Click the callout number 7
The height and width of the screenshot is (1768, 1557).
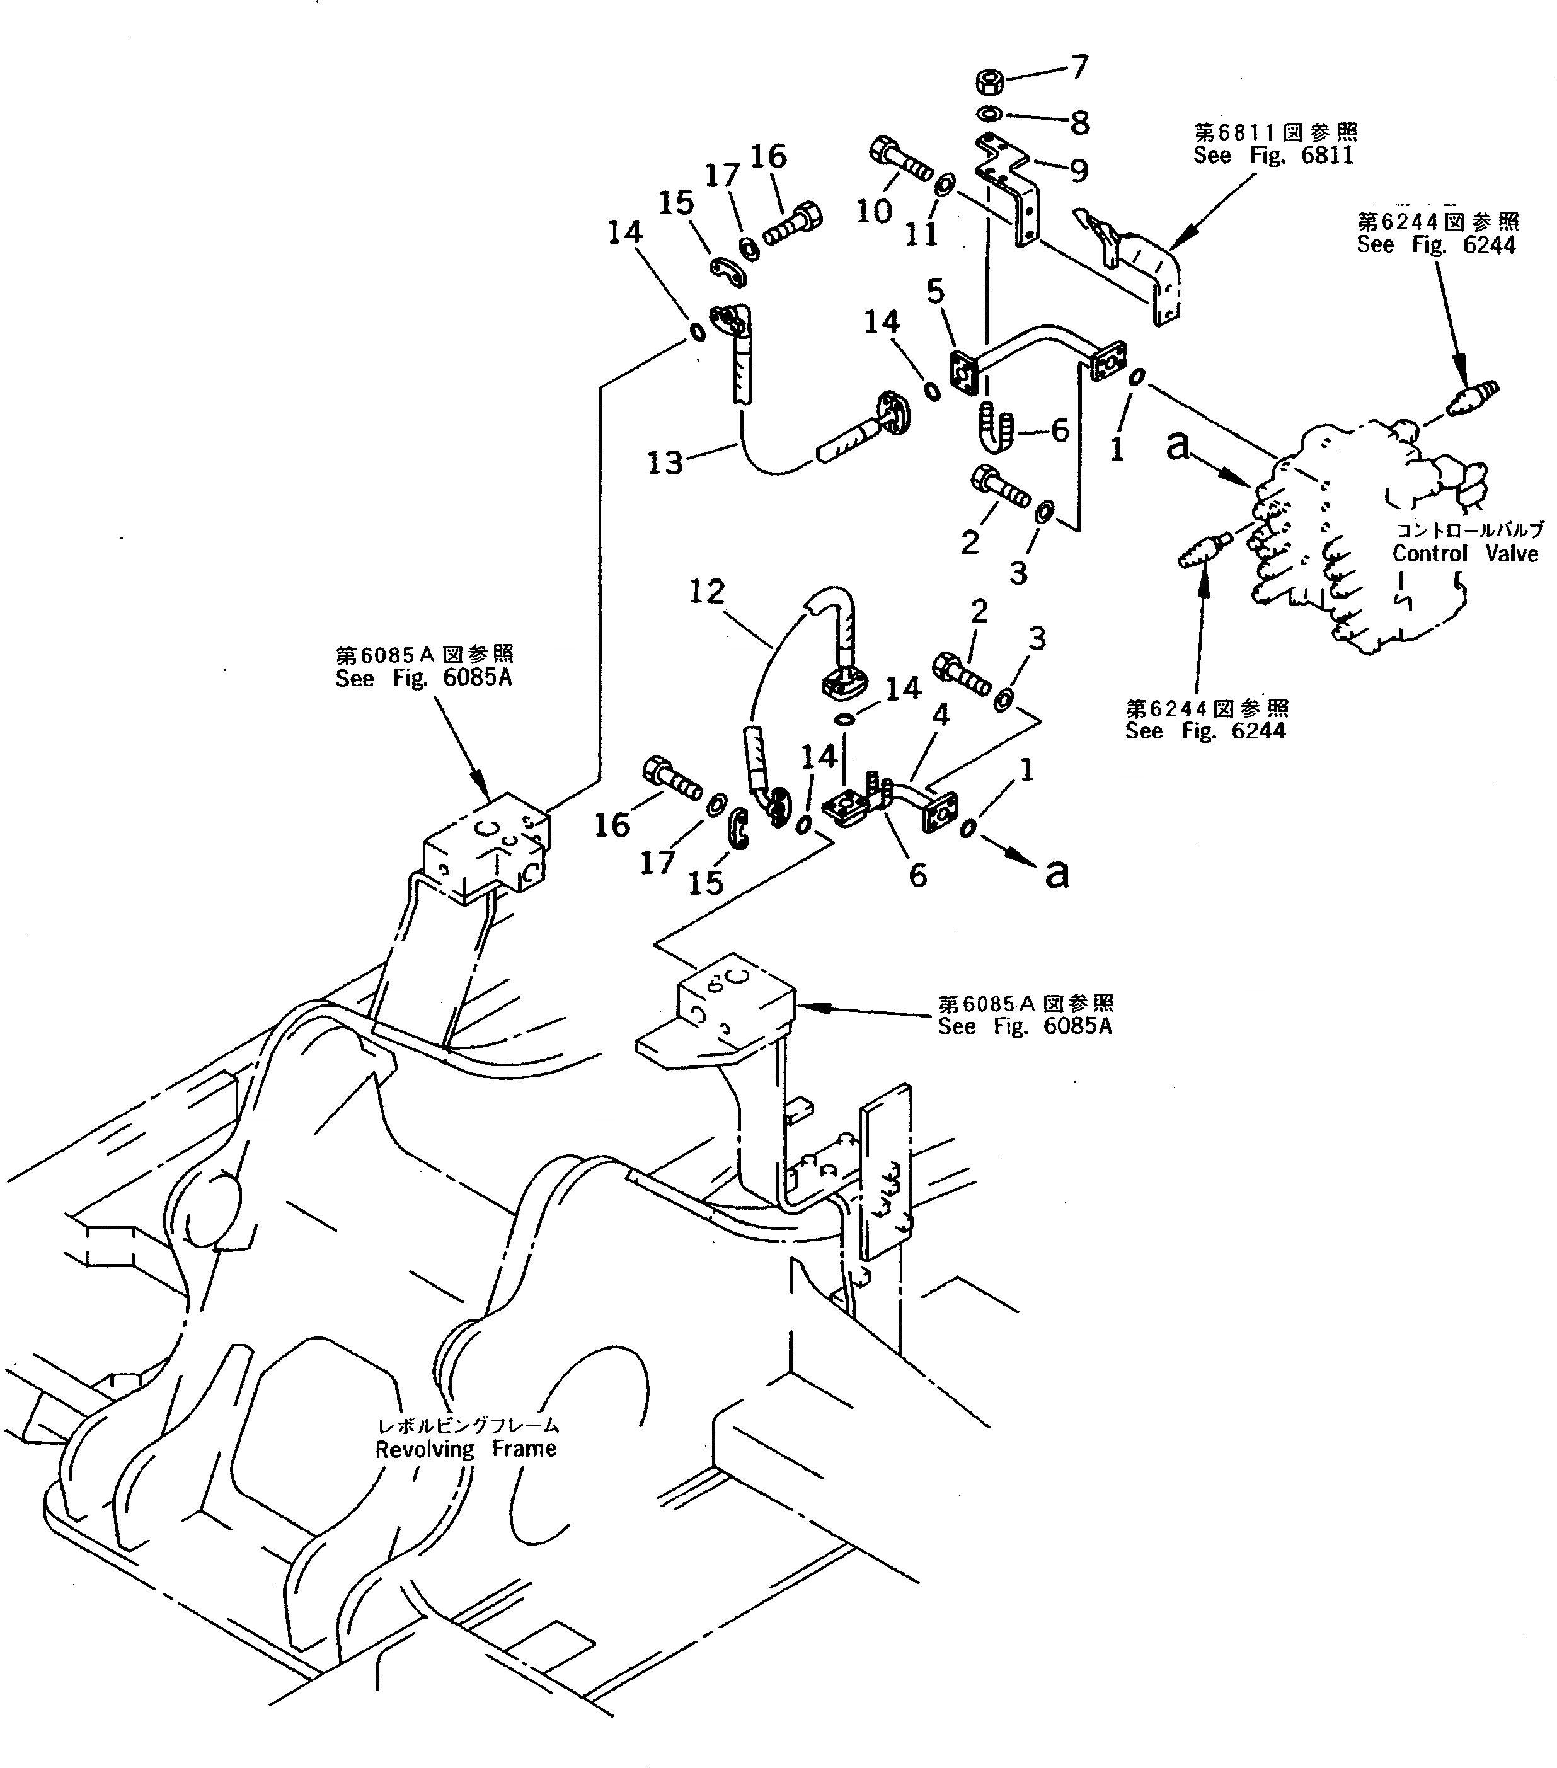click(x=1079, y=67)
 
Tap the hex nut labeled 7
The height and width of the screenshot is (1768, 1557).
click(x=988, y=83)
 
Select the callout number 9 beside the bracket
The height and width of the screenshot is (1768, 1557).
click(x=1079, y=171)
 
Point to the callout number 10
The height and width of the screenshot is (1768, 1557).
click(x=874, y=210)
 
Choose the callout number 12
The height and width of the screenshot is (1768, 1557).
click(x=707, y=592)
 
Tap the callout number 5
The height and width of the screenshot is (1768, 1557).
click(x=936, y=292)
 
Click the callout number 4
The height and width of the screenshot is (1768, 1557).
click(x=940, y=715)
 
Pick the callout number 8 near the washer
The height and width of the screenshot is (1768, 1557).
click(x=1079, y=123)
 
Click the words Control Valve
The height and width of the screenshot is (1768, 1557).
click(x=1464, y=554)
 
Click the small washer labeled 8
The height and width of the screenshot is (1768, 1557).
click(x=989, y=113)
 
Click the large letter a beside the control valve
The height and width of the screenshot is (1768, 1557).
click(x=1177, y=446)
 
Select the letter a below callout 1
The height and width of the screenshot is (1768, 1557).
click(x=1056, y=874)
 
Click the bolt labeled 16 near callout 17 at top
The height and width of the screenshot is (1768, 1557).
click(x=791, y=224)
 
